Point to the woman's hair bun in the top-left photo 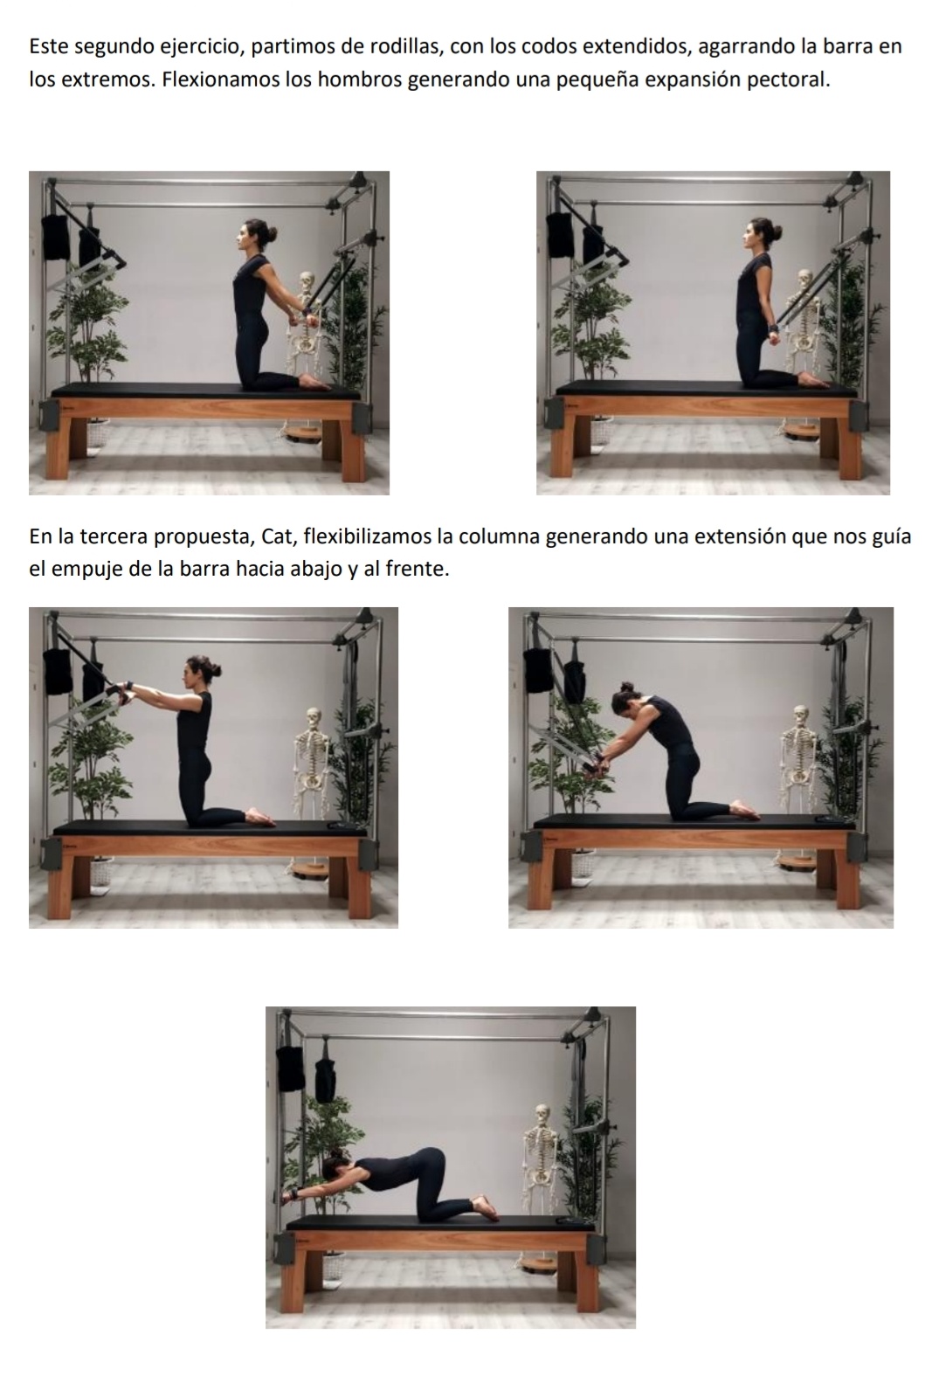pyautogui.click(x=271, y=232)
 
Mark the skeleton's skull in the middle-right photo pyautogui.click(x=800, y=716)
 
